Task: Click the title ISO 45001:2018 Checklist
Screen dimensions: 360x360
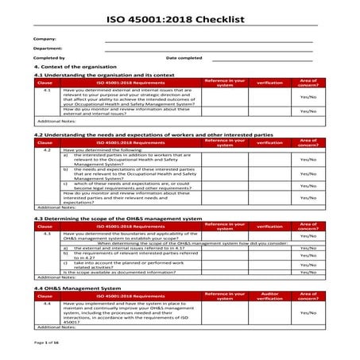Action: point(180,16)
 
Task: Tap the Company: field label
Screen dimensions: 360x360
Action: point(45,39)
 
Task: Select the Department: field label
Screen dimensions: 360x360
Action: point(48,48)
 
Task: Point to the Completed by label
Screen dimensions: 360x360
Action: point(49,58)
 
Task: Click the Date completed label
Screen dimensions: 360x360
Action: point(184,58)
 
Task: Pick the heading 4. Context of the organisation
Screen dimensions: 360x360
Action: point(75,67)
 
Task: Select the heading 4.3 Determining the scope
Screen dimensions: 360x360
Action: point(118,217)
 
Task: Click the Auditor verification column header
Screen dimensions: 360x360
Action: point(270,295)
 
